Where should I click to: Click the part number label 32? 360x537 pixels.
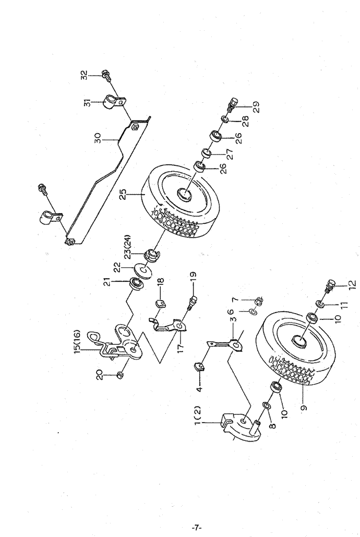click(x=85, y=74)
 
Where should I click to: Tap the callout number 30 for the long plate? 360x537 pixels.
click(x=98, y=138)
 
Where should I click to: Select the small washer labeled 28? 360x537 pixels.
click(x=225, y=120)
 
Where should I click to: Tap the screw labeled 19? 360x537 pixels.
click(x=191, y=302)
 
